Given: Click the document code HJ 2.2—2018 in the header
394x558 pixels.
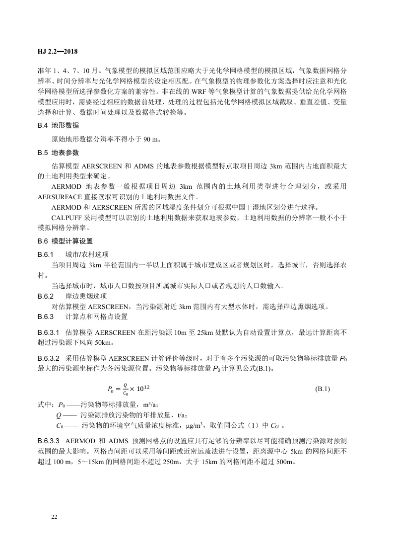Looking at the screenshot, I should (x=57, y=51).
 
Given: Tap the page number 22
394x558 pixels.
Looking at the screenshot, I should (x=54, y=517).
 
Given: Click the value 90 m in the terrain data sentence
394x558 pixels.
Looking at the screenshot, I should (x=152, y=139).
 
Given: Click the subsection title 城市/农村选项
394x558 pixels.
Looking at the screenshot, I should (x=87, y=253).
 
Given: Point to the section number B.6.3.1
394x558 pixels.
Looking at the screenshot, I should (x=49, y=331).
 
